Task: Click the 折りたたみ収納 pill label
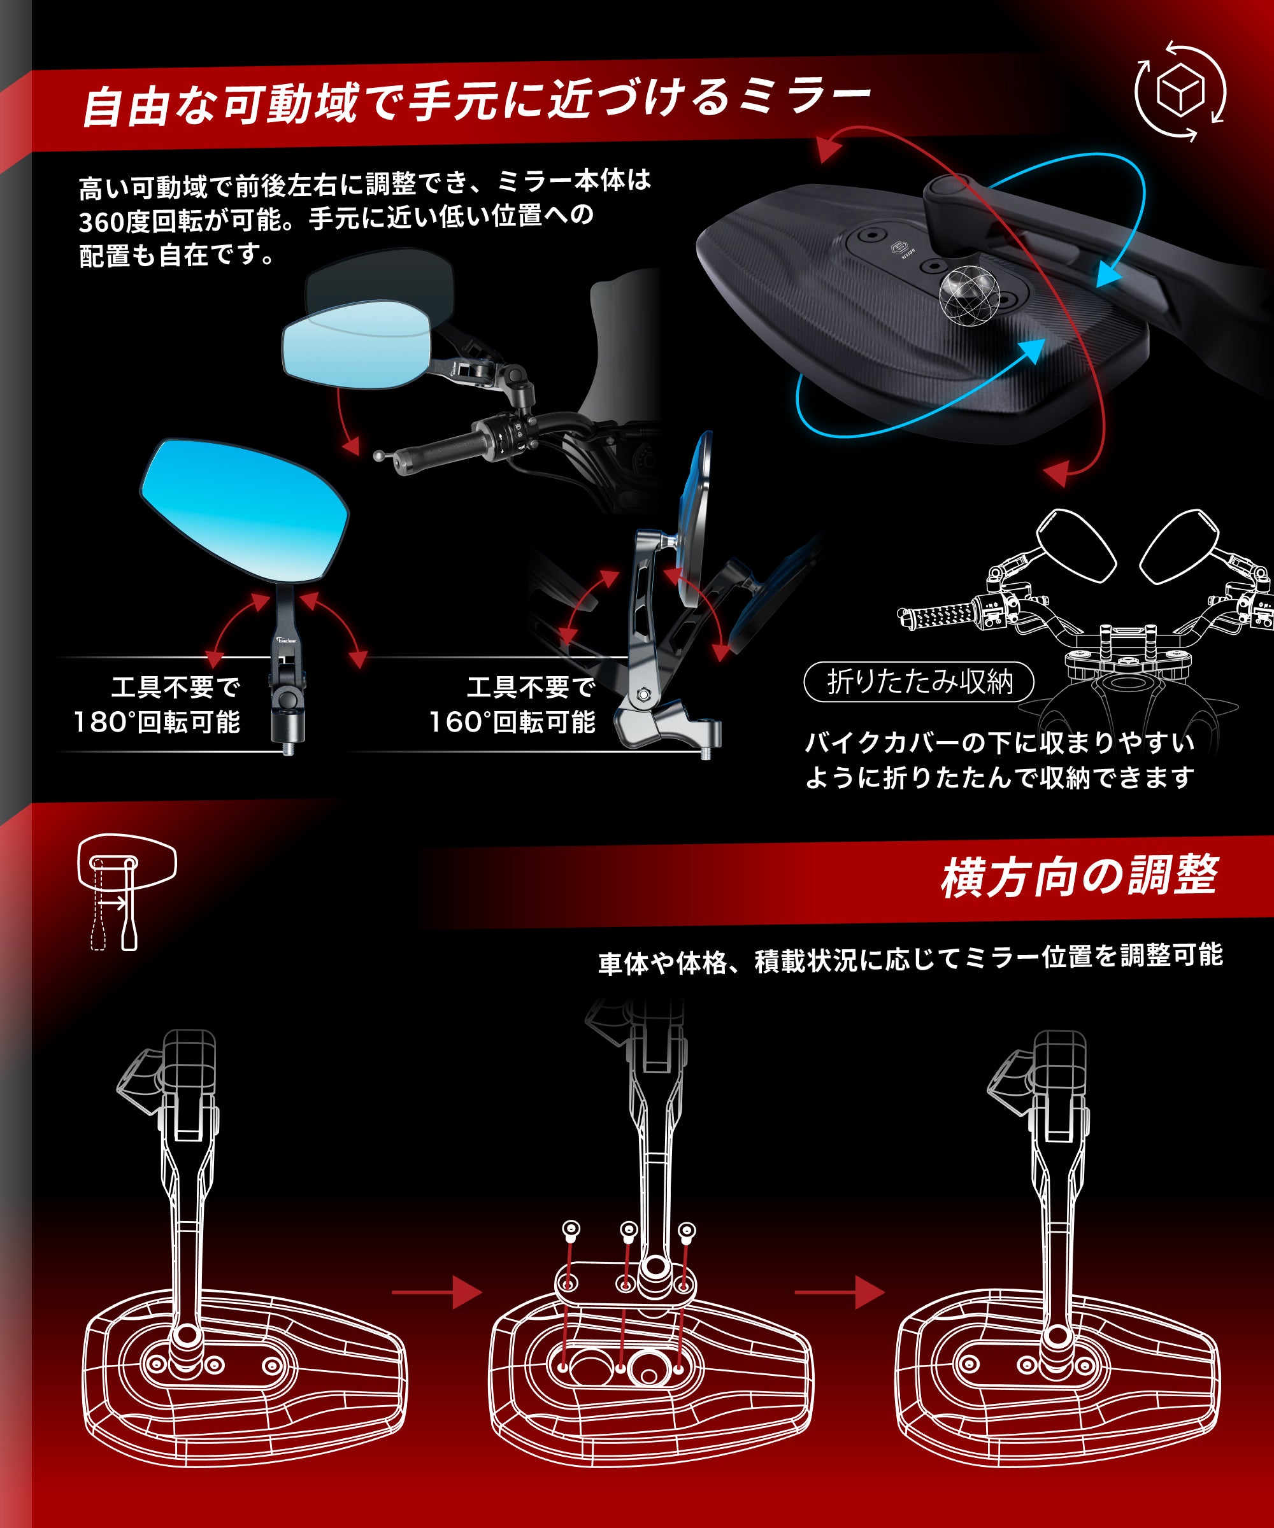pos(919,682)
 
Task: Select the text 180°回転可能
pos(157,723)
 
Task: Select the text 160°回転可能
pos(512,723)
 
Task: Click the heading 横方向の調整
pos(1079,876)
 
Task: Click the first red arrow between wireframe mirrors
pos(438,1292)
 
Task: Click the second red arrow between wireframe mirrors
pos(840,1292)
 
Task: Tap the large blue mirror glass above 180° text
pos(244,509)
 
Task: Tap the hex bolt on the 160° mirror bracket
pos(643,694)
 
